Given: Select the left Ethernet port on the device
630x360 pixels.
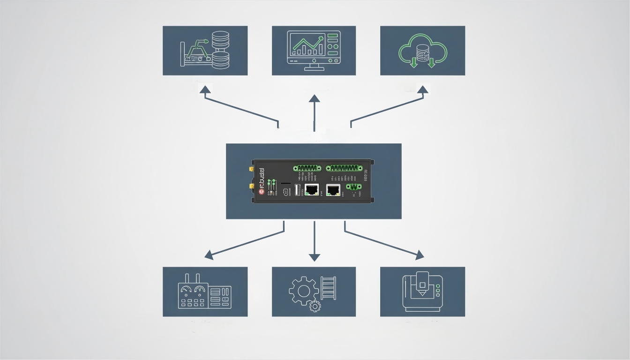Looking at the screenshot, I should coord(311,190).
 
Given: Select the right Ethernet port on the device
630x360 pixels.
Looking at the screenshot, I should coord(333,190).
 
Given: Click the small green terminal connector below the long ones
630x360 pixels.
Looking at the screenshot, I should coord(353,187).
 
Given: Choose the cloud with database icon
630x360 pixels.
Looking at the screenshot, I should coord(422,51).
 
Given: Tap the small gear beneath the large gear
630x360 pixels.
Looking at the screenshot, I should coord(315,306).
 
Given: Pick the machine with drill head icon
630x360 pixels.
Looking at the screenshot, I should coord(422,291).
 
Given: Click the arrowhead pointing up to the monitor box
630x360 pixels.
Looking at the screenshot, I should coord(314,98).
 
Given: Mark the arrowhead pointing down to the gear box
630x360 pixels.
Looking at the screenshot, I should coord(314,257).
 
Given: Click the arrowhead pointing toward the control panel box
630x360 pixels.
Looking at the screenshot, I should coord(209,255).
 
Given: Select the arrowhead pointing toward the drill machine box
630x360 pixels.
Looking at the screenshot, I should coord(420,255).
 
